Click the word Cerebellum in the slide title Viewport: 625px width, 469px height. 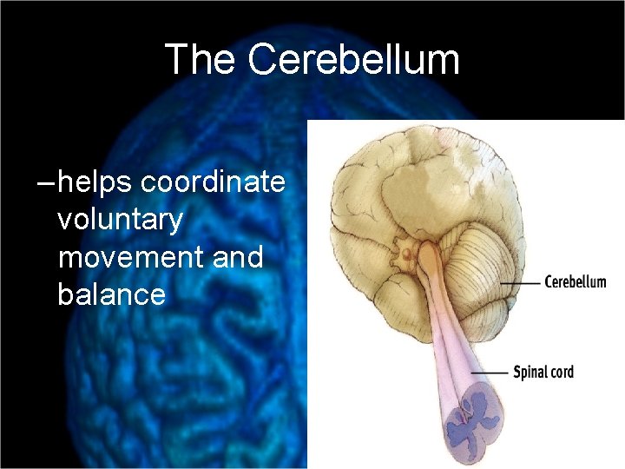coord(353,60)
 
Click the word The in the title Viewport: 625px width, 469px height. coord(200,60)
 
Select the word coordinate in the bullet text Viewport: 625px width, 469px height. coord(213,182)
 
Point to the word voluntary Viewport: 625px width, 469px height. coord(120,220)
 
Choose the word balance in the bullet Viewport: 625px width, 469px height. coord(111,294)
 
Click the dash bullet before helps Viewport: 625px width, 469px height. coord(45,183)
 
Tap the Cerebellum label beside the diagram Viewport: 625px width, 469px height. coord(575,282)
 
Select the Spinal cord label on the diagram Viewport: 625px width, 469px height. coord(543,373)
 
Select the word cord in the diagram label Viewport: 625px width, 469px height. coord(561,373)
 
